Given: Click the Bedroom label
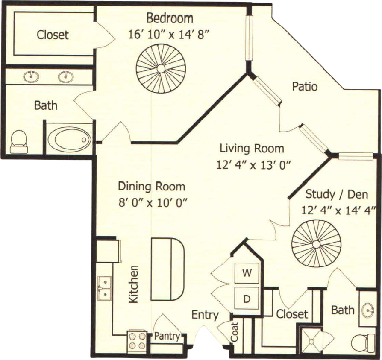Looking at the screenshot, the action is tap(170, 18).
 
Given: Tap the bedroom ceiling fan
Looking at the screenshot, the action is tap(161, 69).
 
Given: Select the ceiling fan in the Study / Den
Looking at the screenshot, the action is tap(317, 244).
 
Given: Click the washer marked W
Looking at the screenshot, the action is tap(247, 273).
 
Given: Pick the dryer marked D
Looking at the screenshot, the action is tap(247, 298).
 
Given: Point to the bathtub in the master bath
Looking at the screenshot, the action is tap(69, 139).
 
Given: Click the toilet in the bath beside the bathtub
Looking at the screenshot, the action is tap(19, 141).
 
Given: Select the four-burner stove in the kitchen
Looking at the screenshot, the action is tap(137, 341).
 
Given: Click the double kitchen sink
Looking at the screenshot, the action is tap(105, 288).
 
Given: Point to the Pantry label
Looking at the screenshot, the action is tap(167, 337).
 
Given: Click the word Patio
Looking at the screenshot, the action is tap(305, 86).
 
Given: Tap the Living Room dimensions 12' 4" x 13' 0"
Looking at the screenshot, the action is tap(254, 166).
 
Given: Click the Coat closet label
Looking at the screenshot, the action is tap(234, 332).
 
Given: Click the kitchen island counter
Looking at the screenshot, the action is tap(167, 269).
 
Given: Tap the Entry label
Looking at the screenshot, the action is tap(205, 315).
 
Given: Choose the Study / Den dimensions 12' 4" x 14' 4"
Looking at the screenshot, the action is tap(338, 210).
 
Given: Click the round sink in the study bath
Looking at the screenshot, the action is tap(368, 311).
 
